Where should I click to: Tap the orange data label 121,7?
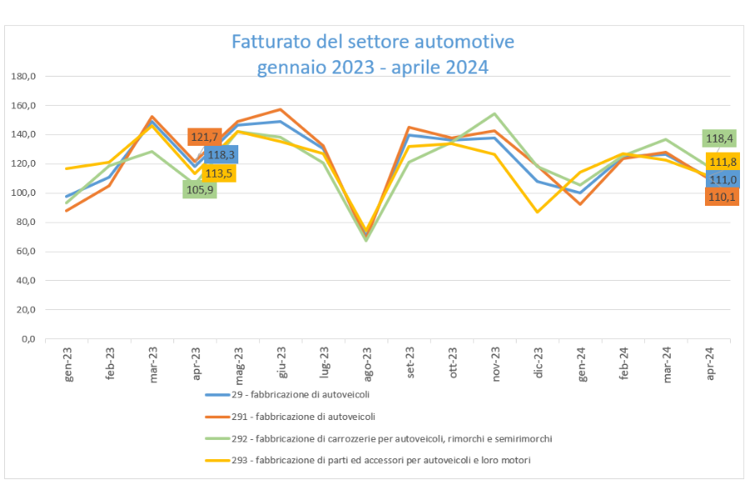pos(204,137)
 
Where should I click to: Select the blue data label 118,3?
pos(221,155)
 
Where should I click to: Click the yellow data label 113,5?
pos(218,173)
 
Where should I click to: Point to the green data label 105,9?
pos(200,189)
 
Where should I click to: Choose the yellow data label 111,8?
pos(722,162)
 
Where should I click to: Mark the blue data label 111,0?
pos(722,179)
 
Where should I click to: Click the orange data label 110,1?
pos(722,197)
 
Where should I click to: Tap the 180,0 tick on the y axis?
pos(23,77)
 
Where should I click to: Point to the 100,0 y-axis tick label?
pos(23,193)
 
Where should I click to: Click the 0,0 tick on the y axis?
pos(27,339)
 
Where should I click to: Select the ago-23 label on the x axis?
pos(367,363)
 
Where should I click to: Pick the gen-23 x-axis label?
pos(68,363)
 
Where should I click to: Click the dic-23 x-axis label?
pos(539,363)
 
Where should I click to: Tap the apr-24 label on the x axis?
pos(710,363)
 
